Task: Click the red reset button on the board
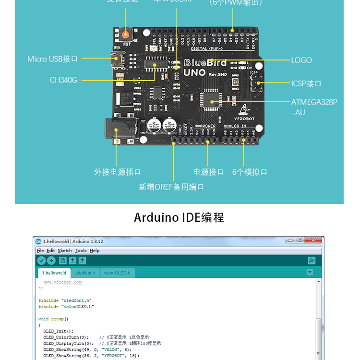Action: tap(126, 35)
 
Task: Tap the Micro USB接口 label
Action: tap(52, 59)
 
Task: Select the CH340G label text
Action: tap(63, 80)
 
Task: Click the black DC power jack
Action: tap(120, 129)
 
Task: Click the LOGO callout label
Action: tap(301, 60)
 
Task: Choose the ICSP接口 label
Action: tap(306, 84)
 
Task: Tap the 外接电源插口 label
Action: tap(118, 172)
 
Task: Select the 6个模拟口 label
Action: tap(250, 172)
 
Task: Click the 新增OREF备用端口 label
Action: tap(171, 187)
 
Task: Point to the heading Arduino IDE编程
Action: tap(179, 217)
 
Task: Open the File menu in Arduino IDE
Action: tap(40, 251)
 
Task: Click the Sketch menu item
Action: tap(65, 251)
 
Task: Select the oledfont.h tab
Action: tap(85, 273)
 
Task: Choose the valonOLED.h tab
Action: tap(117, 273)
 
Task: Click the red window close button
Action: tap(315, 240)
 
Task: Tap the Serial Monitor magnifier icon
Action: tap(312, 261)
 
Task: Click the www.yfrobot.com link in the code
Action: tap(62, 282)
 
